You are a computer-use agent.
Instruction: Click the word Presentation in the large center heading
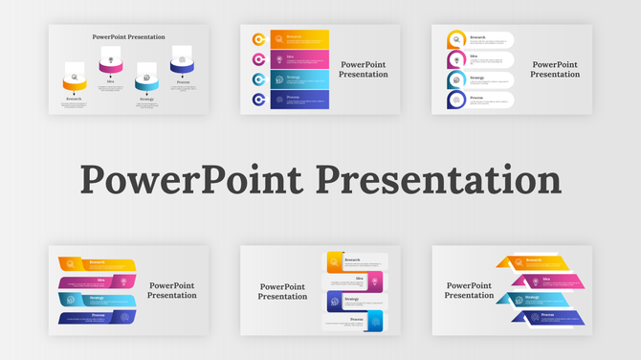[438, 179]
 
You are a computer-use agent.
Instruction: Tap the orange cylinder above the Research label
[75, 83]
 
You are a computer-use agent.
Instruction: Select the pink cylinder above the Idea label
[110, 66]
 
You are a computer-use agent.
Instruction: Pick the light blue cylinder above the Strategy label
[146, 83]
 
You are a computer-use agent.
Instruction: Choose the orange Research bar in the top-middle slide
[299, 39]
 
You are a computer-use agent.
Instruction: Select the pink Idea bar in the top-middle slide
[299, 59]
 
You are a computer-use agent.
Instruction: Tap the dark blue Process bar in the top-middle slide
[299, 100]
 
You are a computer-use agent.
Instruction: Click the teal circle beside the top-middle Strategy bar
[258, 79]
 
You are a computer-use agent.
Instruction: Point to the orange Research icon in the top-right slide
[456, 39]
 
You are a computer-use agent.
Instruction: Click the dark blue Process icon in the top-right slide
[456, 100]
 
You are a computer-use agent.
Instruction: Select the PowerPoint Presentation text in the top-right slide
[555, 70]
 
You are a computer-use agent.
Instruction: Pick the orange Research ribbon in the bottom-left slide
[96, 263]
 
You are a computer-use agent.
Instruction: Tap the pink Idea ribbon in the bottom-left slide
[96, 281]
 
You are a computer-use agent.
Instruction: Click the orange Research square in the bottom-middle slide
[335, 261]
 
